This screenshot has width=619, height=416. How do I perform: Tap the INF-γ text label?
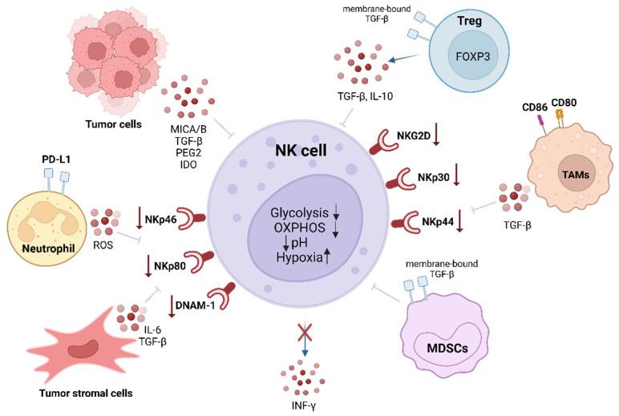point(302,406)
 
